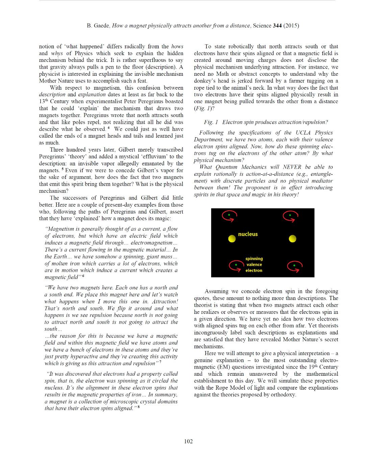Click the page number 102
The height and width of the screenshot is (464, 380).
[188, 441]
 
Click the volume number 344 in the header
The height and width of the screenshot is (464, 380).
[277, 26]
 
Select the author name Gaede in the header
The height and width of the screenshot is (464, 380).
[102, 26]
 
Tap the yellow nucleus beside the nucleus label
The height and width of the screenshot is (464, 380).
[232, 239]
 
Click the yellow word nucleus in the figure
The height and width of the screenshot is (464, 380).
[248, 234]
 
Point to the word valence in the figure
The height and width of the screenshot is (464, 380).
[254, 264]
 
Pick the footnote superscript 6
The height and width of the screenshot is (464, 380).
[83, 276]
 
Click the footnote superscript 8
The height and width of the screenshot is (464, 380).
[139, 407]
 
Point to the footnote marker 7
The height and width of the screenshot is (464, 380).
[160, 362]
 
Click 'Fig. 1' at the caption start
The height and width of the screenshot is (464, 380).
[211, 122]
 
